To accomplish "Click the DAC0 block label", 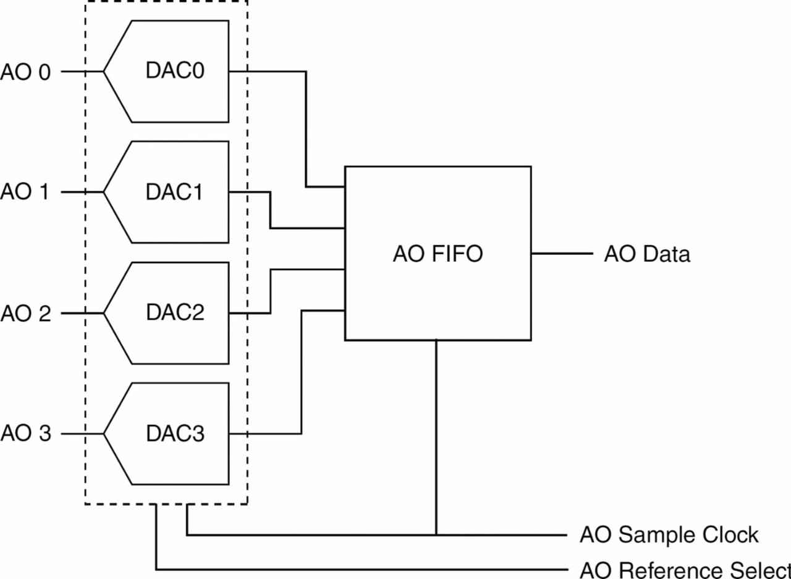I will tap(175, 71).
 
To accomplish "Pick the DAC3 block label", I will tap(175, 434).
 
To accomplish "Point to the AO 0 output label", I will tap(25, 72).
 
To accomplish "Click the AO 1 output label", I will tap(25, 192).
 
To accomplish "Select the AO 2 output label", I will tap(25, 314).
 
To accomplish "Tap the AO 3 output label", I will tap(25, 434).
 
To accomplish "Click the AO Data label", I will tap(646, 254).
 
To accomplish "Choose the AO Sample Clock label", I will tap(669, 534).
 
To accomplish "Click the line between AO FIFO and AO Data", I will tap(561, 254).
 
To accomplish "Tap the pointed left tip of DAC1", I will tap(104, 192).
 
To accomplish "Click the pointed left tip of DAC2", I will tap(104, 314).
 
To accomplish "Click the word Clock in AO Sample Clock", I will tap(730, 534).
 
